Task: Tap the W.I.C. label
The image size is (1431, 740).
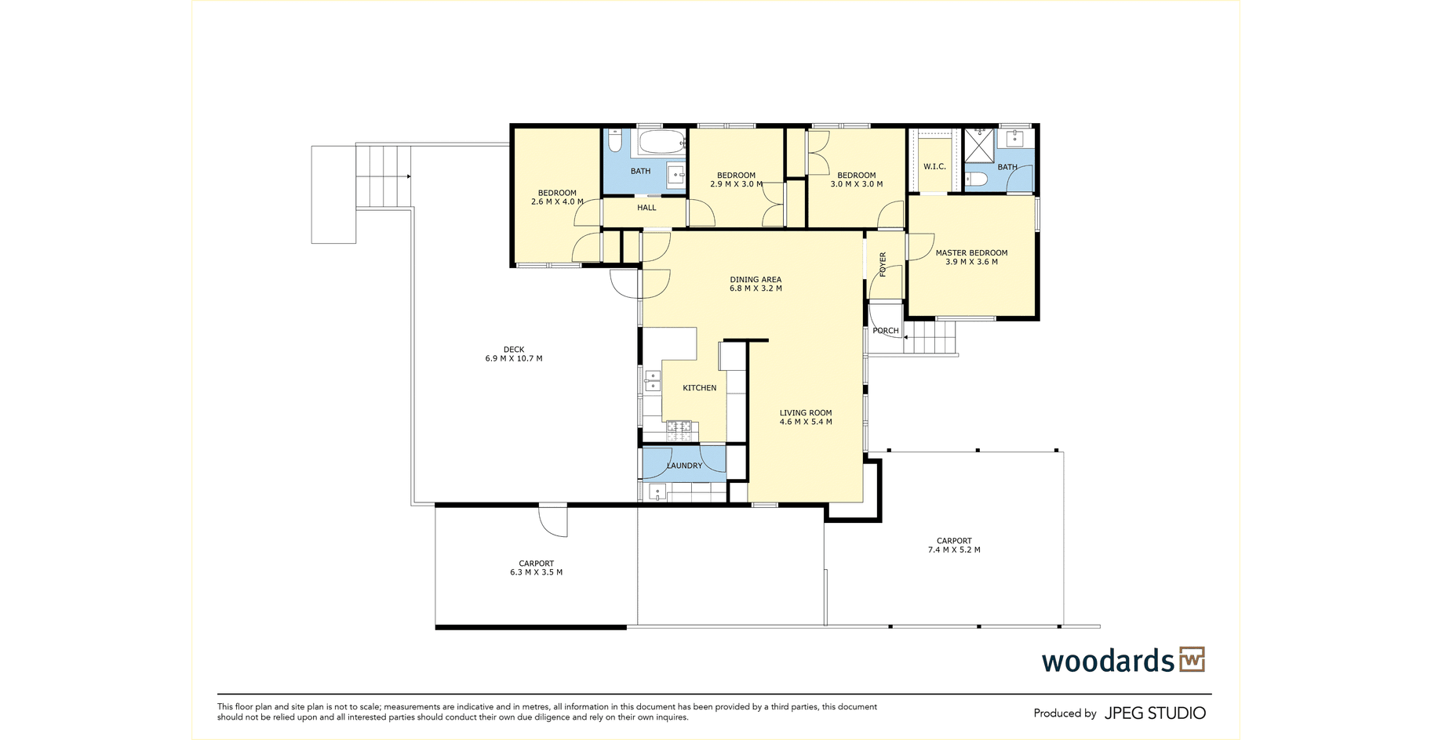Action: pyautogui.click(x=934, y=166)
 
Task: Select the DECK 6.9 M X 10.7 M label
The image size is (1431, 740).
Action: pyautogui.click(x=514, y=354)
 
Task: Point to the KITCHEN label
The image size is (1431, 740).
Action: pyautogui.click(x=700, y=388)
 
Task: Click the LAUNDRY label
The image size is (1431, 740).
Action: pyautogui.click(x=685, y=466)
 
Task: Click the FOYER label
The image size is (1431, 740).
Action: pyautogui.click(x=883, y=264)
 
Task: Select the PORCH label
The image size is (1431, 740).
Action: pyautogui.click(x=886, y=331)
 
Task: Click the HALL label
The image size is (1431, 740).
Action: pyautogui.click(x=646, y=208)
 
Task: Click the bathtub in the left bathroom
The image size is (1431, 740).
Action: pyautogui.click(x=661, y=143)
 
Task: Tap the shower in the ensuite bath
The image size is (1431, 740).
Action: pyautogui.click(x=979, y=146)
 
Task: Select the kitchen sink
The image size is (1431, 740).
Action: pyautogui.click(x=652, y=380)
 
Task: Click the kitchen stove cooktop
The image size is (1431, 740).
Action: pyautogui.click(x=679, y=429)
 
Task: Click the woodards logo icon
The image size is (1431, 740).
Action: pyautogui.click(x=1192, y=659)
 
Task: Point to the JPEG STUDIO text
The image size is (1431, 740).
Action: pyautogui.click(x=1155, y=713)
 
